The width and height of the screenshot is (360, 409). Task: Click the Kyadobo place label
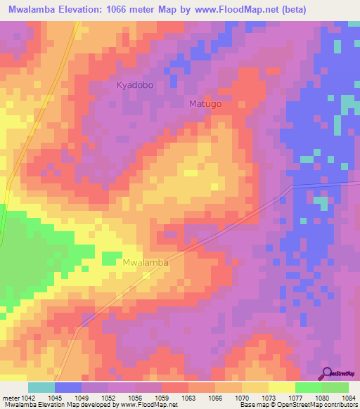click(134, 85)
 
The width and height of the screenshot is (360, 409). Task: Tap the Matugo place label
click(205, 104)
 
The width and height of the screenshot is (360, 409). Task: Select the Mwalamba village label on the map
click(146, 262)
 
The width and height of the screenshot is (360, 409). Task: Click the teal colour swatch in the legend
click(41, 387)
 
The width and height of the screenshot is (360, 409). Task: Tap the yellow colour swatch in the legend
click(282, 387)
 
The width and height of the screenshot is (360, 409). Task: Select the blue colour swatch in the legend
click(68, 387)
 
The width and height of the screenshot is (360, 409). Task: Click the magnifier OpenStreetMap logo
click(328, 374)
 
